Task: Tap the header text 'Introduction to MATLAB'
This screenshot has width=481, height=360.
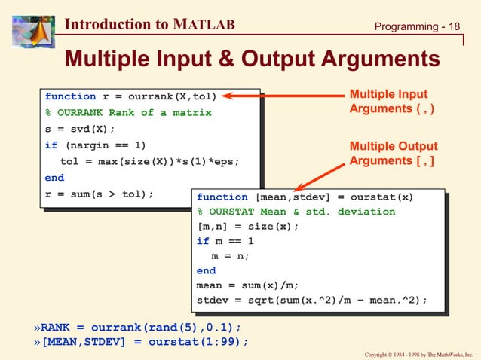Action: (150, 24)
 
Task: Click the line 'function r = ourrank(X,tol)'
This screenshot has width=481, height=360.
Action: (130, 96)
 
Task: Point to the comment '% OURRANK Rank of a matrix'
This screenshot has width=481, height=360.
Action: (128, 113)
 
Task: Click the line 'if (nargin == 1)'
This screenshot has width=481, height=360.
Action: (96, 145)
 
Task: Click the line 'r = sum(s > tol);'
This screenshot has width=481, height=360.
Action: (99, 194)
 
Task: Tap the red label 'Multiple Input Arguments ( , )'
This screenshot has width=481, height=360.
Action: (391, 102)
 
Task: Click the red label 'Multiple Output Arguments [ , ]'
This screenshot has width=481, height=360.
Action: (393, 154)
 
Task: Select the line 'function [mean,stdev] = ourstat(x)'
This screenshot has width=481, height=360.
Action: (305, 197)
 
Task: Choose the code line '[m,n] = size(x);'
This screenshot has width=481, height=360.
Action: (247, 227)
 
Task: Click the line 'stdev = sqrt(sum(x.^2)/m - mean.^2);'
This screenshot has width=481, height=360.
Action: (311, 301)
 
